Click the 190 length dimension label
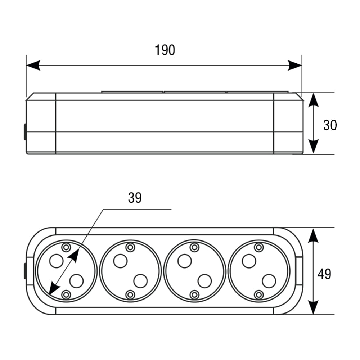click(165, 50)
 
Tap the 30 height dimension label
click(330, 125)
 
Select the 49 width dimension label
click(324, 274)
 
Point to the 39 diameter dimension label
click(135, 198)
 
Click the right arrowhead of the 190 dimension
click(295, 66)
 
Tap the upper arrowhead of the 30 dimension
click(314, 100)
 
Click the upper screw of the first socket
click(66, 247)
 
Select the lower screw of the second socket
click(130, 294)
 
